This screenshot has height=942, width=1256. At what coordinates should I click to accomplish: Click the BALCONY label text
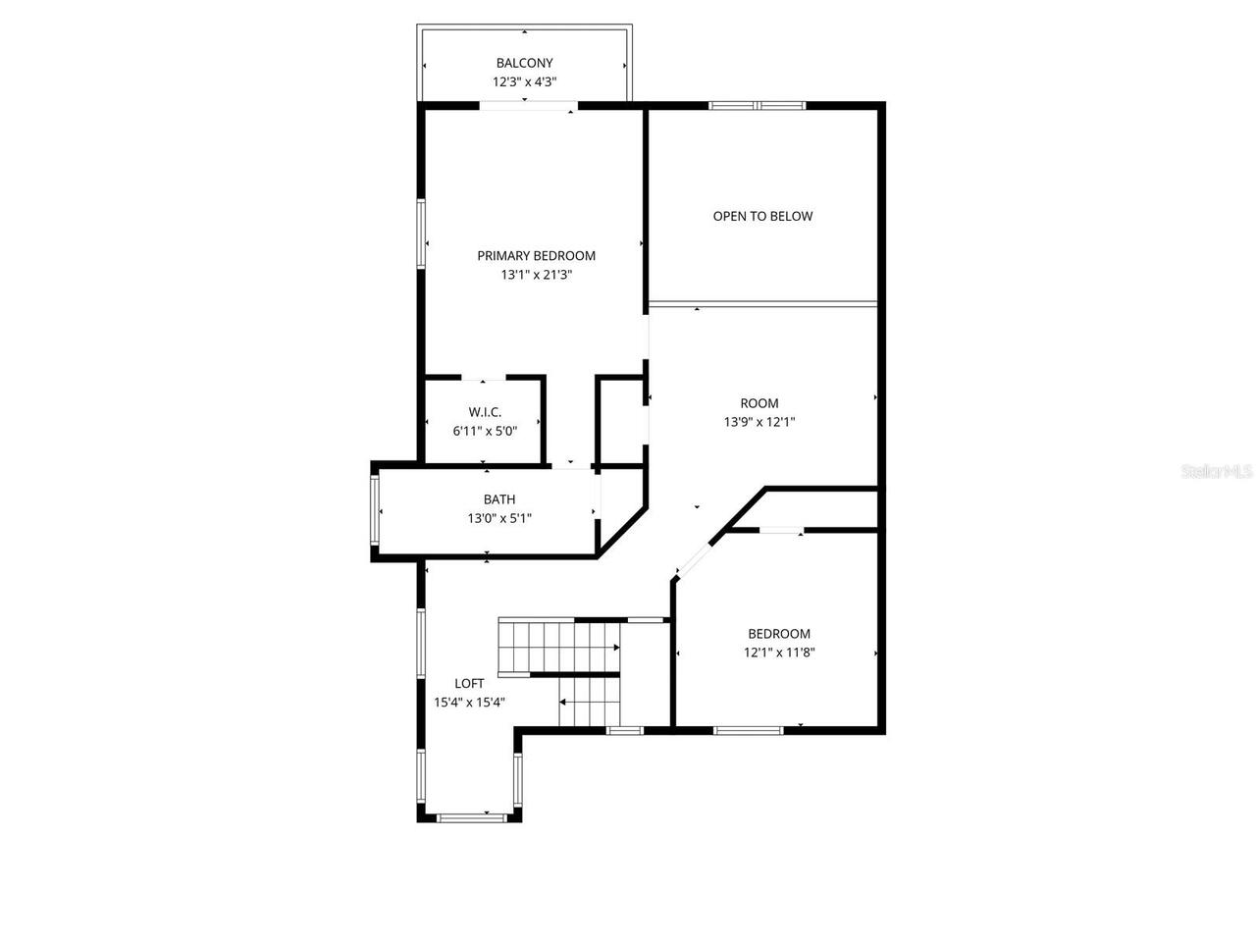click(524, 64)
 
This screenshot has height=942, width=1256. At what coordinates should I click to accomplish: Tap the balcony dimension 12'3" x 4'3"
click(524, 82)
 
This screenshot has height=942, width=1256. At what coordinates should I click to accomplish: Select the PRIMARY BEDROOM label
click(536, 256)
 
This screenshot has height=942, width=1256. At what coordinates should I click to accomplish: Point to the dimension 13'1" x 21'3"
click(536, 276)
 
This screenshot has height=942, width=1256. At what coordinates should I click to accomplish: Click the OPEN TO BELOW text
click(762, 216)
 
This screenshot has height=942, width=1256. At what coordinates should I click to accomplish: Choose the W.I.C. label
click(484, 412)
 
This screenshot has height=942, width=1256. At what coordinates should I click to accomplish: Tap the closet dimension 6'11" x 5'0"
click(484, 431)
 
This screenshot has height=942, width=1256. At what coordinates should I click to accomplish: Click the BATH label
click(498, 499)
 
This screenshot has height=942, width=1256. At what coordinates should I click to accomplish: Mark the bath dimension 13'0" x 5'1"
click(498, 518)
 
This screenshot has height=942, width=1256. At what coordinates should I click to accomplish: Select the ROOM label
click(759, 403)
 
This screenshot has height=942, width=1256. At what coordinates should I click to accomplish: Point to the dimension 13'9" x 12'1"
click(759, 422)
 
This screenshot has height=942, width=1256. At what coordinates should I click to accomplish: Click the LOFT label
click(468, 683)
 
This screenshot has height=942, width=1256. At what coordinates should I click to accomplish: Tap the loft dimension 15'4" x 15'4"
click(468, 702)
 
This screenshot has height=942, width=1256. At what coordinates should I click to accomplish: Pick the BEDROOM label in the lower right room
click(779, 634)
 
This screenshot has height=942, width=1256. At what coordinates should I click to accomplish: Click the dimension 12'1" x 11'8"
click(779, 653)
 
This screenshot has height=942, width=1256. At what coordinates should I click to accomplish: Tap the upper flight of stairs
click(557, 648)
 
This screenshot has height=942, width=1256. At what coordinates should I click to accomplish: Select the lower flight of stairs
click(590, 703)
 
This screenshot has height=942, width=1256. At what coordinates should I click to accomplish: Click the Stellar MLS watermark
click(1217, 472)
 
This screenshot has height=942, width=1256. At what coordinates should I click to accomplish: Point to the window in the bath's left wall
click(375, 510)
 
